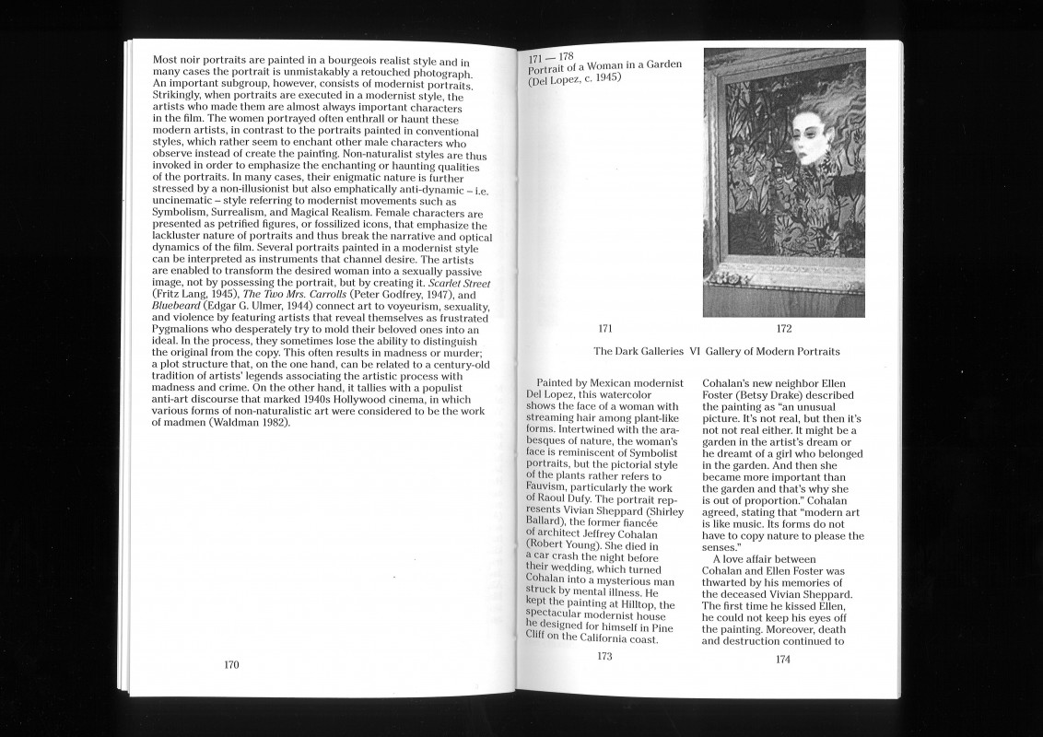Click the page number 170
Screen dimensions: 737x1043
pyautogui.click(x=231, y=664)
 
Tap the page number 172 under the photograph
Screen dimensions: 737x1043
pyautogui.click(x=784, y=328)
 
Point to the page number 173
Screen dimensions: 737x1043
pyautogui.click(x=604, y=657)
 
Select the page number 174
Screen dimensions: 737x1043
pyautogui.click(x=783, y=659)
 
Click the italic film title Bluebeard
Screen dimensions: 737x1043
pyautogui.click(x=178, y=306)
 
